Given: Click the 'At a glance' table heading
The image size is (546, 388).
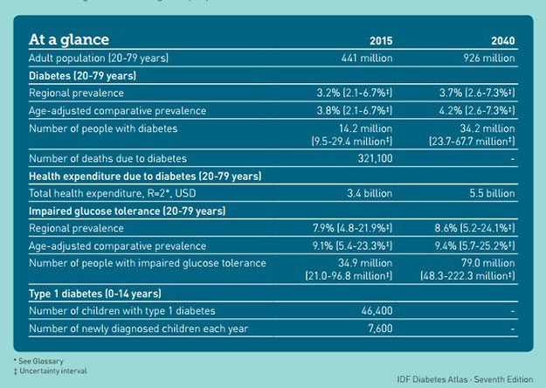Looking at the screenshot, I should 69,39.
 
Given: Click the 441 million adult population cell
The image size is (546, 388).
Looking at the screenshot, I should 363,58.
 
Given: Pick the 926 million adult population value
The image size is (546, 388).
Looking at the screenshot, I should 486,58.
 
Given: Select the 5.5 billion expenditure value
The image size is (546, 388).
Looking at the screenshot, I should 488,192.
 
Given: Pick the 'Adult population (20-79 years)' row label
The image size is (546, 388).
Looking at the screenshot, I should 99,58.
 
